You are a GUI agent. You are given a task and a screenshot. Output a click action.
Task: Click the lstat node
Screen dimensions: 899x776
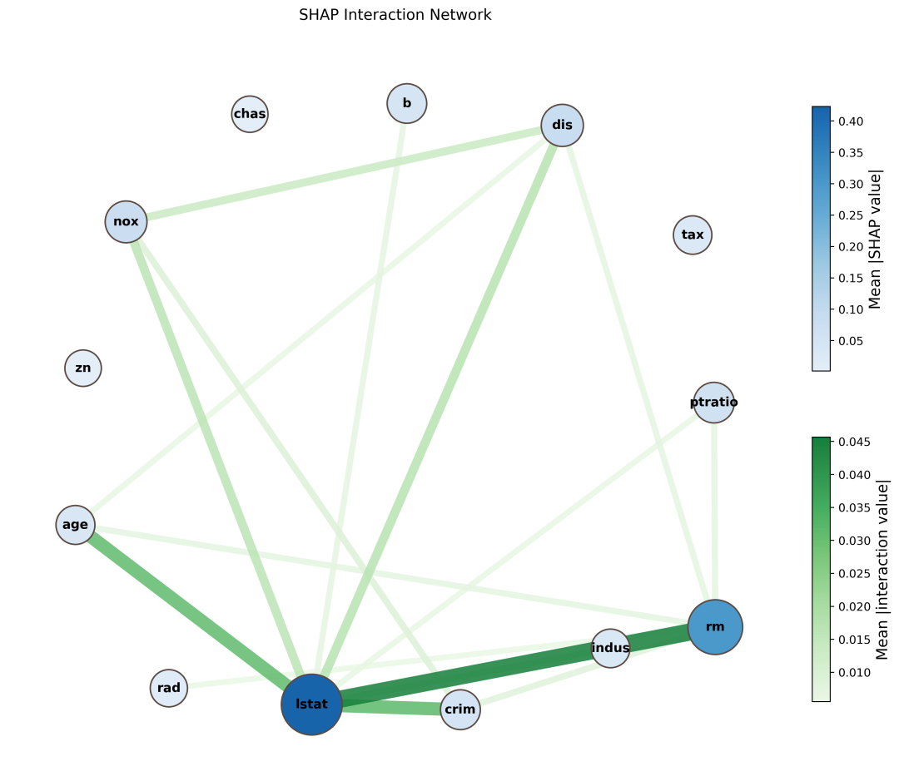(311, 704)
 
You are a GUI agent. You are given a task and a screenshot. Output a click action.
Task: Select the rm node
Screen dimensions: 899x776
(715, 626)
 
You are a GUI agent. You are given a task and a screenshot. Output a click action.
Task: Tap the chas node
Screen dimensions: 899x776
(250, 114)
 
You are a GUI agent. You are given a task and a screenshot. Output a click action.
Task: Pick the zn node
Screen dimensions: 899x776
(83, 368)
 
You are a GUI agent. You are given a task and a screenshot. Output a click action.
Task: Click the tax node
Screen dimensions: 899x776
(693, 235)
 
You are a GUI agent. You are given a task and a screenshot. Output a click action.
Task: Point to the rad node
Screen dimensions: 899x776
(168, 688)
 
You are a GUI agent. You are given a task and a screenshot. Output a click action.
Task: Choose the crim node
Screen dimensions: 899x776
(460, 709)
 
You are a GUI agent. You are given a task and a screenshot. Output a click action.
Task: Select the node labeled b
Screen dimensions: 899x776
(407, 103)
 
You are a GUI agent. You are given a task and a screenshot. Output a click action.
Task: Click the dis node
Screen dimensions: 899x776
(562, 125)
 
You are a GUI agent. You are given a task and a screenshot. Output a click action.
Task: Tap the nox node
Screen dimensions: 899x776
(127, 221)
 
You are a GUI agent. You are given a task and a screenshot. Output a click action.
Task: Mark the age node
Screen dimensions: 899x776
(75, 525)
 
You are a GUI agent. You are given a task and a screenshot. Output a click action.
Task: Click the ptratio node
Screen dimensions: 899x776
(714, 402)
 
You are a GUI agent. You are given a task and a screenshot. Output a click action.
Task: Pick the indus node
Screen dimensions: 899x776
(611, 648)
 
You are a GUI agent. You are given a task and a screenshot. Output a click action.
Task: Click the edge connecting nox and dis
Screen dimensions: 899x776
(344, 173)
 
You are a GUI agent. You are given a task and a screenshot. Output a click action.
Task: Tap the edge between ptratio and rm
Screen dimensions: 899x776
(714, 512)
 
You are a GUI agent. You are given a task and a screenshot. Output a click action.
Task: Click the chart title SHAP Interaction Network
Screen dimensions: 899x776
(395, 15)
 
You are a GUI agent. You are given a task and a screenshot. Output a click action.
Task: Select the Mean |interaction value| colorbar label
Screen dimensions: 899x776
(882, 571)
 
